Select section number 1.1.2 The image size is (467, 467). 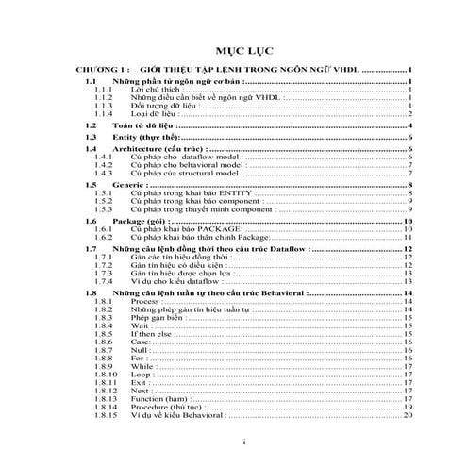104,96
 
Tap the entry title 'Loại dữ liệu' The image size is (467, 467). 156,113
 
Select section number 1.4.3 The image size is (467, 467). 104,174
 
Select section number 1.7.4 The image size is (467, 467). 104,281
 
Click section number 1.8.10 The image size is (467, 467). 106,375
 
